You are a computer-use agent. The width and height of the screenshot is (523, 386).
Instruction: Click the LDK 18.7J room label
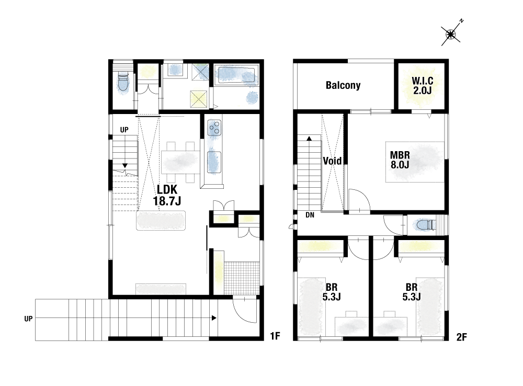click(x=167, y=195)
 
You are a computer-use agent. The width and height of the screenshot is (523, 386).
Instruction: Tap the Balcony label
click(x=343, y=85)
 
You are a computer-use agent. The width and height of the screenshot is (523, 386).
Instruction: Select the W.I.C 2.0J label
click(x=422, y=85)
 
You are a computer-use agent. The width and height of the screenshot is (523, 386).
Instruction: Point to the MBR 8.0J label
click(x=400, y=160)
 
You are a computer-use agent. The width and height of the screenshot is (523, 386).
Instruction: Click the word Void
click(x=332, y=161)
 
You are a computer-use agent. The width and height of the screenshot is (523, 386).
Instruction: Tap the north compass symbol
click(x=451, y=33)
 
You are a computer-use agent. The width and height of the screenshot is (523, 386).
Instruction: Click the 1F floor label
click(x=275, y=336)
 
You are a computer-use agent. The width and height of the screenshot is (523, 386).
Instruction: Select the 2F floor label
click(x=462, y=337)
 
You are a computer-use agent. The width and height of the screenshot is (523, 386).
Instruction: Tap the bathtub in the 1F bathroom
click(x=237, y=76)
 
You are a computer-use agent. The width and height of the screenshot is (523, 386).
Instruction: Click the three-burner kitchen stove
click(x=214, y=128)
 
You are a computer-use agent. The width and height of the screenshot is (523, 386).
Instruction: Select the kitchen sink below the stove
click(x=214, y=162)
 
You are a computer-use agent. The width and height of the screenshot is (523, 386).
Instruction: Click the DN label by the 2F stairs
click(x=310, y=215)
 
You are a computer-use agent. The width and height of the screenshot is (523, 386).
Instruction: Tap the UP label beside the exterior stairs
click(x=28, y=319)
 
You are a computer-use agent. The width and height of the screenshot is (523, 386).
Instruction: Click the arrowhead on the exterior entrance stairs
click(x=214, y=318)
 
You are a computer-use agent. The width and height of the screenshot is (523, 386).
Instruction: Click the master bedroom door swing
click(x=360, y=200)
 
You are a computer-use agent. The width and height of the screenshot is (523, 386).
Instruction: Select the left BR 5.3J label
click(x=332, y=291)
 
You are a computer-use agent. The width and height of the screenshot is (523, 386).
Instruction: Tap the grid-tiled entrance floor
click(x=242, y=278)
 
